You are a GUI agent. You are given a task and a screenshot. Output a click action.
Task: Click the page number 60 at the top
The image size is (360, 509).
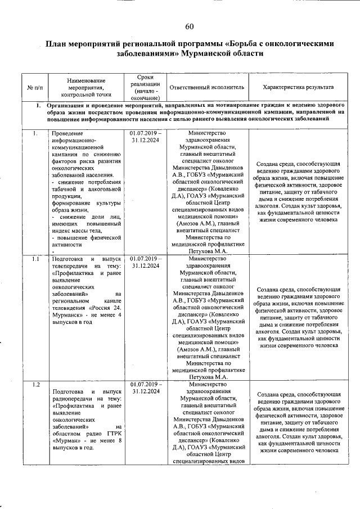[x=189, y=26]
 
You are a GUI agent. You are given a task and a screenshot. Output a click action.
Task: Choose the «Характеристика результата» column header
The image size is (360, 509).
[x=299, y=88]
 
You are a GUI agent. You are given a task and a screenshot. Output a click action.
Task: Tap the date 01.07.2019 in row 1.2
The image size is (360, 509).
[x=143, y=384]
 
